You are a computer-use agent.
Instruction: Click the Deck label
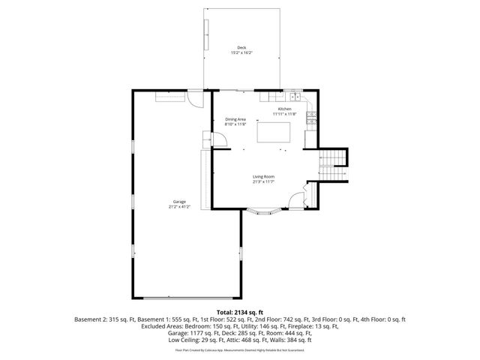point(241,48)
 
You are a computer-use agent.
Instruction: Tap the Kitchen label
point(284,109)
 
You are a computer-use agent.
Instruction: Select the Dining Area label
point(235,119)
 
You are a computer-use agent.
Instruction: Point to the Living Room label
point(262,177)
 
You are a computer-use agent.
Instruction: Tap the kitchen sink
point(290,96)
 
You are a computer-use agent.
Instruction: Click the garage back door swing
point(195,97)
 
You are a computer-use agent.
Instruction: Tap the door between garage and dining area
point(220,139)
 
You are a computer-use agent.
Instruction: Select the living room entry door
point(298,199)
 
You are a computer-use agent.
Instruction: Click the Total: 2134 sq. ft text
point(239,311)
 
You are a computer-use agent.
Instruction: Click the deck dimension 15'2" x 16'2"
point(241,53)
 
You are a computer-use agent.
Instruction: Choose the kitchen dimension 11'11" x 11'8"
point(285,114)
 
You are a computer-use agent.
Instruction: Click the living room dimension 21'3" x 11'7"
point(262,182)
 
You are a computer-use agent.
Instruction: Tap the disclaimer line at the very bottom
point(239,349)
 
